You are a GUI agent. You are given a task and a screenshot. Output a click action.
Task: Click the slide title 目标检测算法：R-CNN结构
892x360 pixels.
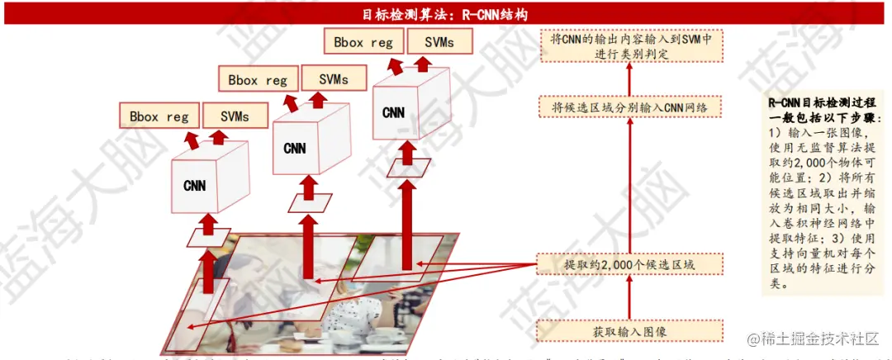445,14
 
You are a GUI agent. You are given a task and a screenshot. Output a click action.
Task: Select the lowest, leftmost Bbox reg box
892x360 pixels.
159,116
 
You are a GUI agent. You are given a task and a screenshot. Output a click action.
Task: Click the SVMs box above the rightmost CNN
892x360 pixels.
439,42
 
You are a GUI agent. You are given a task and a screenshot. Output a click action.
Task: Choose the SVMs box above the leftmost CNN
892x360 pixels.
235,116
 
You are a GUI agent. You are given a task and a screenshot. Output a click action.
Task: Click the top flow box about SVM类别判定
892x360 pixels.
632,46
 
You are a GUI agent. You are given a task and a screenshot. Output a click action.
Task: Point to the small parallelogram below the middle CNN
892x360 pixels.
311,202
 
